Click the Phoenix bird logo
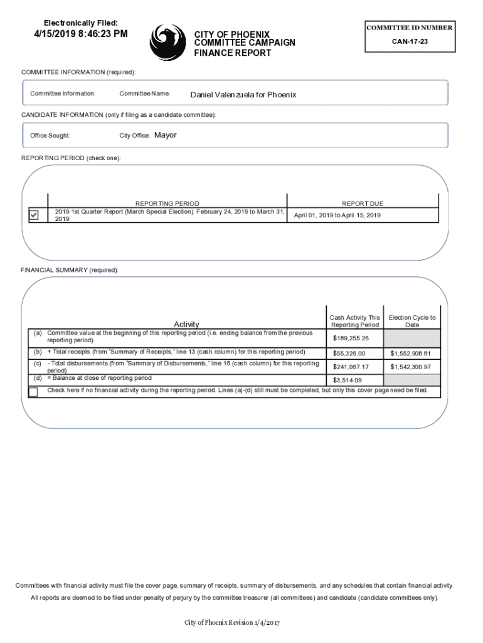[167, 42]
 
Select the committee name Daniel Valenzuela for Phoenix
[243, 95]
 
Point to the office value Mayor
[166, 135]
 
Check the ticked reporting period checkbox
[34, 215]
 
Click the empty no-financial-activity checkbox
[33, 392]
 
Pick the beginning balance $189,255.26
[351, 338]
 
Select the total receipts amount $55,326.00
[349, 354]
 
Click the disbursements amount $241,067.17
[351, 367]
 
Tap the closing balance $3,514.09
[348, 380]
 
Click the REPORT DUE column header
[362, 203]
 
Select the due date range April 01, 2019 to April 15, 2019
[337, 215]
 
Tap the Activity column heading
[186, 324]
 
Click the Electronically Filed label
[80, 23]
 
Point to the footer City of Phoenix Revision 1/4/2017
[231, 622]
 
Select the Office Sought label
[50, 136]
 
